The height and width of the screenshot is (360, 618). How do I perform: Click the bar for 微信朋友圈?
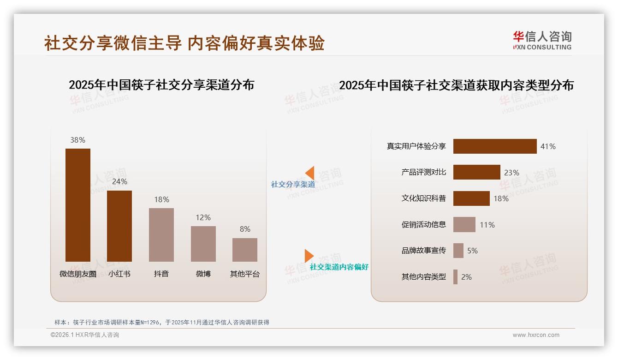coord(77,205)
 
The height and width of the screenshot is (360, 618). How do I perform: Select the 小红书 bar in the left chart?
coord(119,226)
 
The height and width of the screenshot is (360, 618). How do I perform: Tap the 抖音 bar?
coord(161,235)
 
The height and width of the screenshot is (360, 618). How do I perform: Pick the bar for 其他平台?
coord(245,250)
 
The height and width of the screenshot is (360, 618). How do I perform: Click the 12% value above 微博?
coord(203,217)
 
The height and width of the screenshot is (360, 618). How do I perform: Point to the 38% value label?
coord(77,140)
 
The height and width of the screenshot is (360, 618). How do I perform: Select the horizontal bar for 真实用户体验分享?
coord(495,146)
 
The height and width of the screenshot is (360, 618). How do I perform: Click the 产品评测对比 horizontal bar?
coord(476,172)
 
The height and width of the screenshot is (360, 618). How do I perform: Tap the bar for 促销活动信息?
coord(464,225)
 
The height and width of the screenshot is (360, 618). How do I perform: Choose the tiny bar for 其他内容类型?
coord(455,277)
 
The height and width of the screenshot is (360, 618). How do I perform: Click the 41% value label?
coord(548,146)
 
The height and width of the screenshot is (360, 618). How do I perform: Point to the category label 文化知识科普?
coord(423,198)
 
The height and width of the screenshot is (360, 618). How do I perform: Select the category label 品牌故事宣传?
coord(423,251)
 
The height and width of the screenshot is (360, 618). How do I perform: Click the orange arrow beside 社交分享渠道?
coord(310,173)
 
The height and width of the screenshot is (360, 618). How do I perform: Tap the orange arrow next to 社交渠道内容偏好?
coord(309,256)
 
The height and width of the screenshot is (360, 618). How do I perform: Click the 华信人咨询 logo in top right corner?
coord(542,41)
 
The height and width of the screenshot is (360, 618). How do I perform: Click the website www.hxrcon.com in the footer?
coord(535,335)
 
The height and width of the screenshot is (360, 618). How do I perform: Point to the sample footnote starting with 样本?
coord(161,322)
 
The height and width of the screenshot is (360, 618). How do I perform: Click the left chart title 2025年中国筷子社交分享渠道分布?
coord(161,85)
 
